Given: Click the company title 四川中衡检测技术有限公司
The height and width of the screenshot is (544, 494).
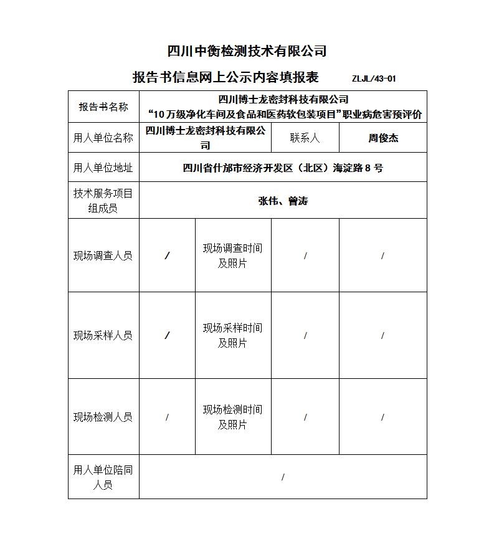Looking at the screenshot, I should (247, 51).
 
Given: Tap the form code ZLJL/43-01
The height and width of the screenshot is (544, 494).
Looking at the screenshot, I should (374, 79).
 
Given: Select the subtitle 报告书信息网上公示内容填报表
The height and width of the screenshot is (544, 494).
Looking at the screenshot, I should (226, 77).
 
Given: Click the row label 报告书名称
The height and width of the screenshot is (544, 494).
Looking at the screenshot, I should (103, 107).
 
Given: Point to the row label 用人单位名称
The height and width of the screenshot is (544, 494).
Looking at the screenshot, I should (103, 138).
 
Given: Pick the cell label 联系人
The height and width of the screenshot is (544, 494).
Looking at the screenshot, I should (305, 138).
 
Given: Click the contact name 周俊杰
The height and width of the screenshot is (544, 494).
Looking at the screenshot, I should (382, 138).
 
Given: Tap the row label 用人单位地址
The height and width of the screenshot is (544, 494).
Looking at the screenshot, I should (103, 168).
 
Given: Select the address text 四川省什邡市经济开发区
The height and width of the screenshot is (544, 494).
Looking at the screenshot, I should (237, 168).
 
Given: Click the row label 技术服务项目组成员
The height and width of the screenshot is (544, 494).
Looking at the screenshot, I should (103, 201).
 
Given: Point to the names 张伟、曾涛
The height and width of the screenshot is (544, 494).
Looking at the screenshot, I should (283, 201).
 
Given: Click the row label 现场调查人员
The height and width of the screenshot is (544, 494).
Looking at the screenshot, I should (103, 255).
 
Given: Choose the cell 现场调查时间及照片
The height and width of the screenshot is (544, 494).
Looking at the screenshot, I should (232, 255).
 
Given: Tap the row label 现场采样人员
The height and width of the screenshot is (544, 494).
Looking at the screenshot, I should (103, 335).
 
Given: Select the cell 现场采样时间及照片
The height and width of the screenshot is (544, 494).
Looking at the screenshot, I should (232, 335).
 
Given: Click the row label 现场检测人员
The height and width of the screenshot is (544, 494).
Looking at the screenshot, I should (103, 417).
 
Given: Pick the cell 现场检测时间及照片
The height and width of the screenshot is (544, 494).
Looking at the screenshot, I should (232, 417).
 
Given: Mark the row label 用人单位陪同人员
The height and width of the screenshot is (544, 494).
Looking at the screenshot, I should (103, 477).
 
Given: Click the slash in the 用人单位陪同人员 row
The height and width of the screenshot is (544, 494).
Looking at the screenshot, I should (283, 477).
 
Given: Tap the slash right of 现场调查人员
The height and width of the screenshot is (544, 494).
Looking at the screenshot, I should (167, 255).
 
